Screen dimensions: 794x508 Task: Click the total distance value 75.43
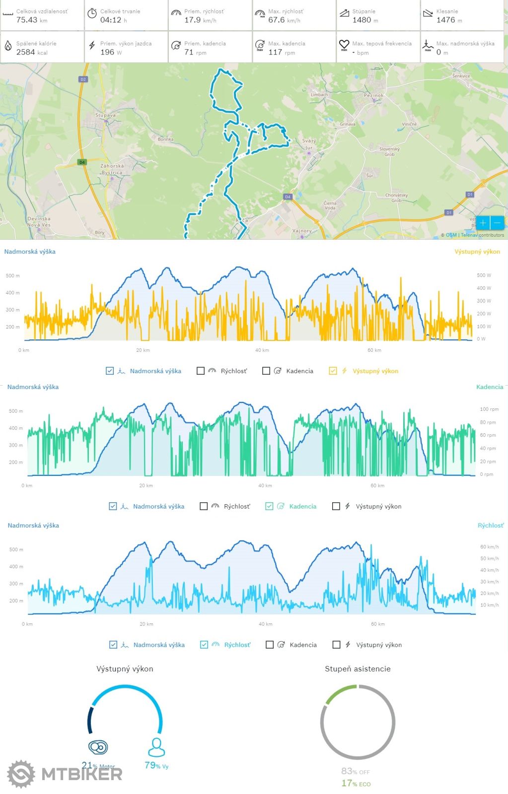click(x=27, y=20)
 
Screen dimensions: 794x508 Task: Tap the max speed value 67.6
click(x=277, y=20)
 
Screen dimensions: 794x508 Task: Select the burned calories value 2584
click(x=26, y=52)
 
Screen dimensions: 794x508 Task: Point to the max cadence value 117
click(x=275, y=52)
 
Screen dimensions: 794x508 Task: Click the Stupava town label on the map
click(x=105, y=115)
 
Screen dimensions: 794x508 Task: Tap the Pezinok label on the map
click(x=373, y=95)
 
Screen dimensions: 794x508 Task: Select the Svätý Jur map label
click(x=309, y=144)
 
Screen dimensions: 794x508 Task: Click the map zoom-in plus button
click(x=483, y=223)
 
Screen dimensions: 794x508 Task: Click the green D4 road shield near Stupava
click(x=82, y=162)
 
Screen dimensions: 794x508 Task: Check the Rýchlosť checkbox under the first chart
click(x=201, y=371)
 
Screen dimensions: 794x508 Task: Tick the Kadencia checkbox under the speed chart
click(x=270, y=645)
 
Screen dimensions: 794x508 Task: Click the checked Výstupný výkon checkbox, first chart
click(x=333, y=371)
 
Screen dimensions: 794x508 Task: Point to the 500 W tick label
click(x=484, y=275)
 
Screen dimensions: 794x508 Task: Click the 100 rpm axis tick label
click(x=489, y=409)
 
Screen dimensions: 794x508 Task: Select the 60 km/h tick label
click(x=490, y=547)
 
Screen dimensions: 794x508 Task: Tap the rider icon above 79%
click(x=156, y=747)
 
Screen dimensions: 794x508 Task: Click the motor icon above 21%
click(x=98, y=747)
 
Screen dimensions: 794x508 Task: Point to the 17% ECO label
click(x=356, y=784)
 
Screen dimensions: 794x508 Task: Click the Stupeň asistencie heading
click(x=358, y=669)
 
